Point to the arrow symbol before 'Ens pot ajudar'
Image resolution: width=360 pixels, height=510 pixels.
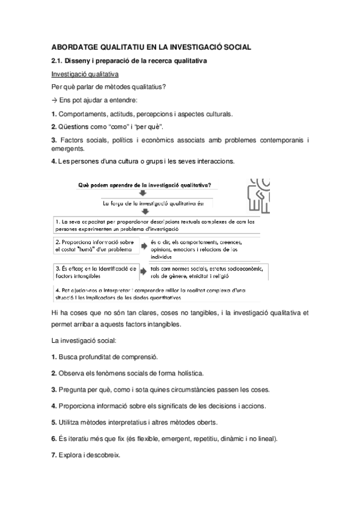[x=54, y=100]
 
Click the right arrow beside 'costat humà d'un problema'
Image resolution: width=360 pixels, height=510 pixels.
[x=144, y=245]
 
